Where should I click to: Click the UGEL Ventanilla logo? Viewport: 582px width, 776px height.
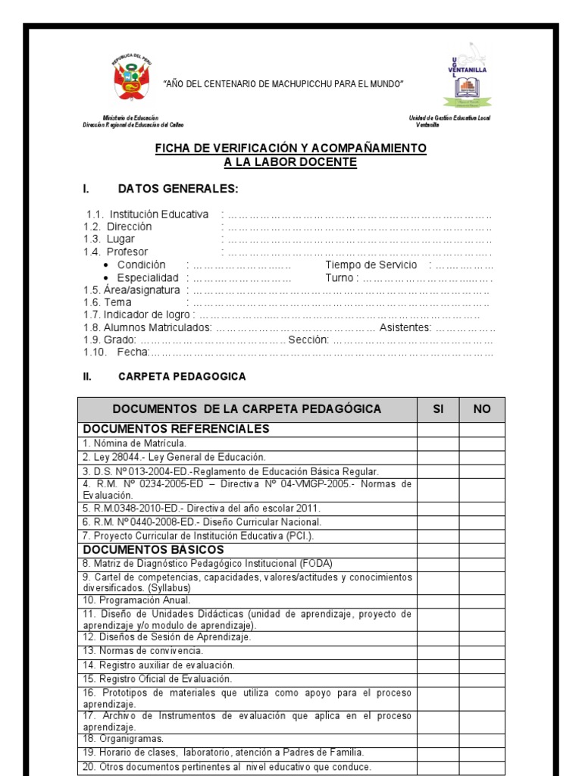click(468, 77)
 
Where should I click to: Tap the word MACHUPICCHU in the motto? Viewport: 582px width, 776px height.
click(296, 83)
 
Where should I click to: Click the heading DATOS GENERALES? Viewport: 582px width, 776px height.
click(178, 189)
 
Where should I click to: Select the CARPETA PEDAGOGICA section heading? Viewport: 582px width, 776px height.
click(182, 377)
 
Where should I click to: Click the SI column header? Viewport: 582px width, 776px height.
click(437, 409)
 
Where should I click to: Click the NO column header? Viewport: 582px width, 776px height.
click(482, 409)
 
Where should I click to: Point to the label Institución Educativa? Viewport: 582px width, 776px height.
click(158, 214)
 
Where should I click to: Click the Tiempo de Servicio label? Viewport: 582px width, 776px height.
click(371, 264)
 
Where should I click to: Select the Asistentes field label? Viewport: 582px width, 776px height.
click(405, 327)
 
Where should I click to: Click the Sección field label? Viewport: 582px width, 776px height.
click(308, 340)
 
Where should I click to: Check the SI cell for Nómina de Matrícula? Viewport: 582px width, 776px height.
click(437, 443)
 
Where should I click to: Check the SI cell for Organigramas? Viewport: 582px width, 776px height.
click(437, 739)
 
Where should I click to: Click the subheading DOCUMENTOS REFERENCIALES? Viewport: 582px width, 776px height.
click(176, 429)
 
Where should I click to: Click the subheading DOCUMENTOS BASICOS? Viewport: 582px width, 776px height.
click(154, 549)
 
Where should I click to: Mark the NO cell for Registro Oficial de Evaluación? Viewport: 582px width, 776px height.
click(482, 679)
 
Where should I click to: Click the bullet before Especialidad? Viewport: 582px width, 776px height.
click(105, 278)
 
